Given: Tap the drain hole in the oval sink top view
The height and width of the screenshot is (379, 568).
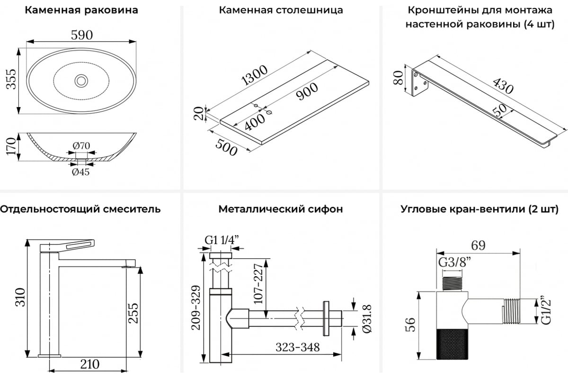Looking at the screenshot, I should (81, 81).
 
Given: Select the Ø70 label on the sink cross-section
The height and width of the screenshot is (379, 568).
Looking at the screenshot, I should (81, 145).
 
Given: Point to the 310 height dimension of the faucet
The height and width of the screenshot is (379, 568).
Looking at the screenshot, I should (19, 297).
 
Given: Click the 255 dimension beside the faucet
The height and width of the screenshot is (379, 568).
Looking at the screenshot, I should (134, 313).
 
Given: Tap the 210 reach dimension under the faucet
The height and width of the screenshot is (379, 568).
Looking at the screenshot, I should (89, 364).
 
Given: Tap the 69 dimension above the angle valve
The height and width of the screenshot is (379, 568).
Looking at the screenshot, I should (478, 245).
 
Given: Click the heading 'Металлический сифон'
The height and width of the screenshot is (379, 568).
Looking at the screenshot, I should (281, 209).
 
